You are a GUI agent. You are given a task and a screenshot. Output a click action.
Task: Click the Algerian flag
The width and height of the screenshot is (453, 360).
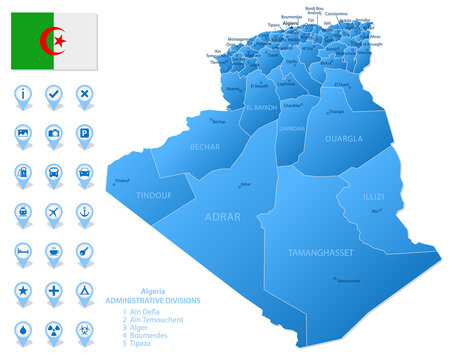[54, 41]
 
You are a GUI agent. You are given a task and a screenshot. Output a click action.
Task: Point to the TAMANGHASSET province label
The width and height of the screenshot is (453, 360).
[319, 253]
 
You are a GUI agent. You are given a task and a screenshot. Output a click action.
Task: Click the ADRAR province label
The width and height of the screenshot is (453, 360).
[221, 214]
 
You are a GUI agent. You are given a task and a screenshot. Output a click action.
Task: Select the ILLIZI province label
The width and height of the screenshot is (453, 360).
[373, 197]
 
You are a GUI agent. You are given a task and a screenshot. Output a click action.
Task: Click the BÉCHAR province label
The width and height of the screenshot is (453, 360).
[205, 146]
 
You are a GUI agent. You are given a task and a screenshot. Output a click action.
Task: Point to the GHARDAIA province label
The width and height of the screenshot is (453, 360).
[292, 129]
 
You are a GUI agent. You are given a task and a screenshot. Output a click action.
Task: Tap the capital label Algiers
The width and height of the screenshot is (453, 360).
[291, 23]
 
